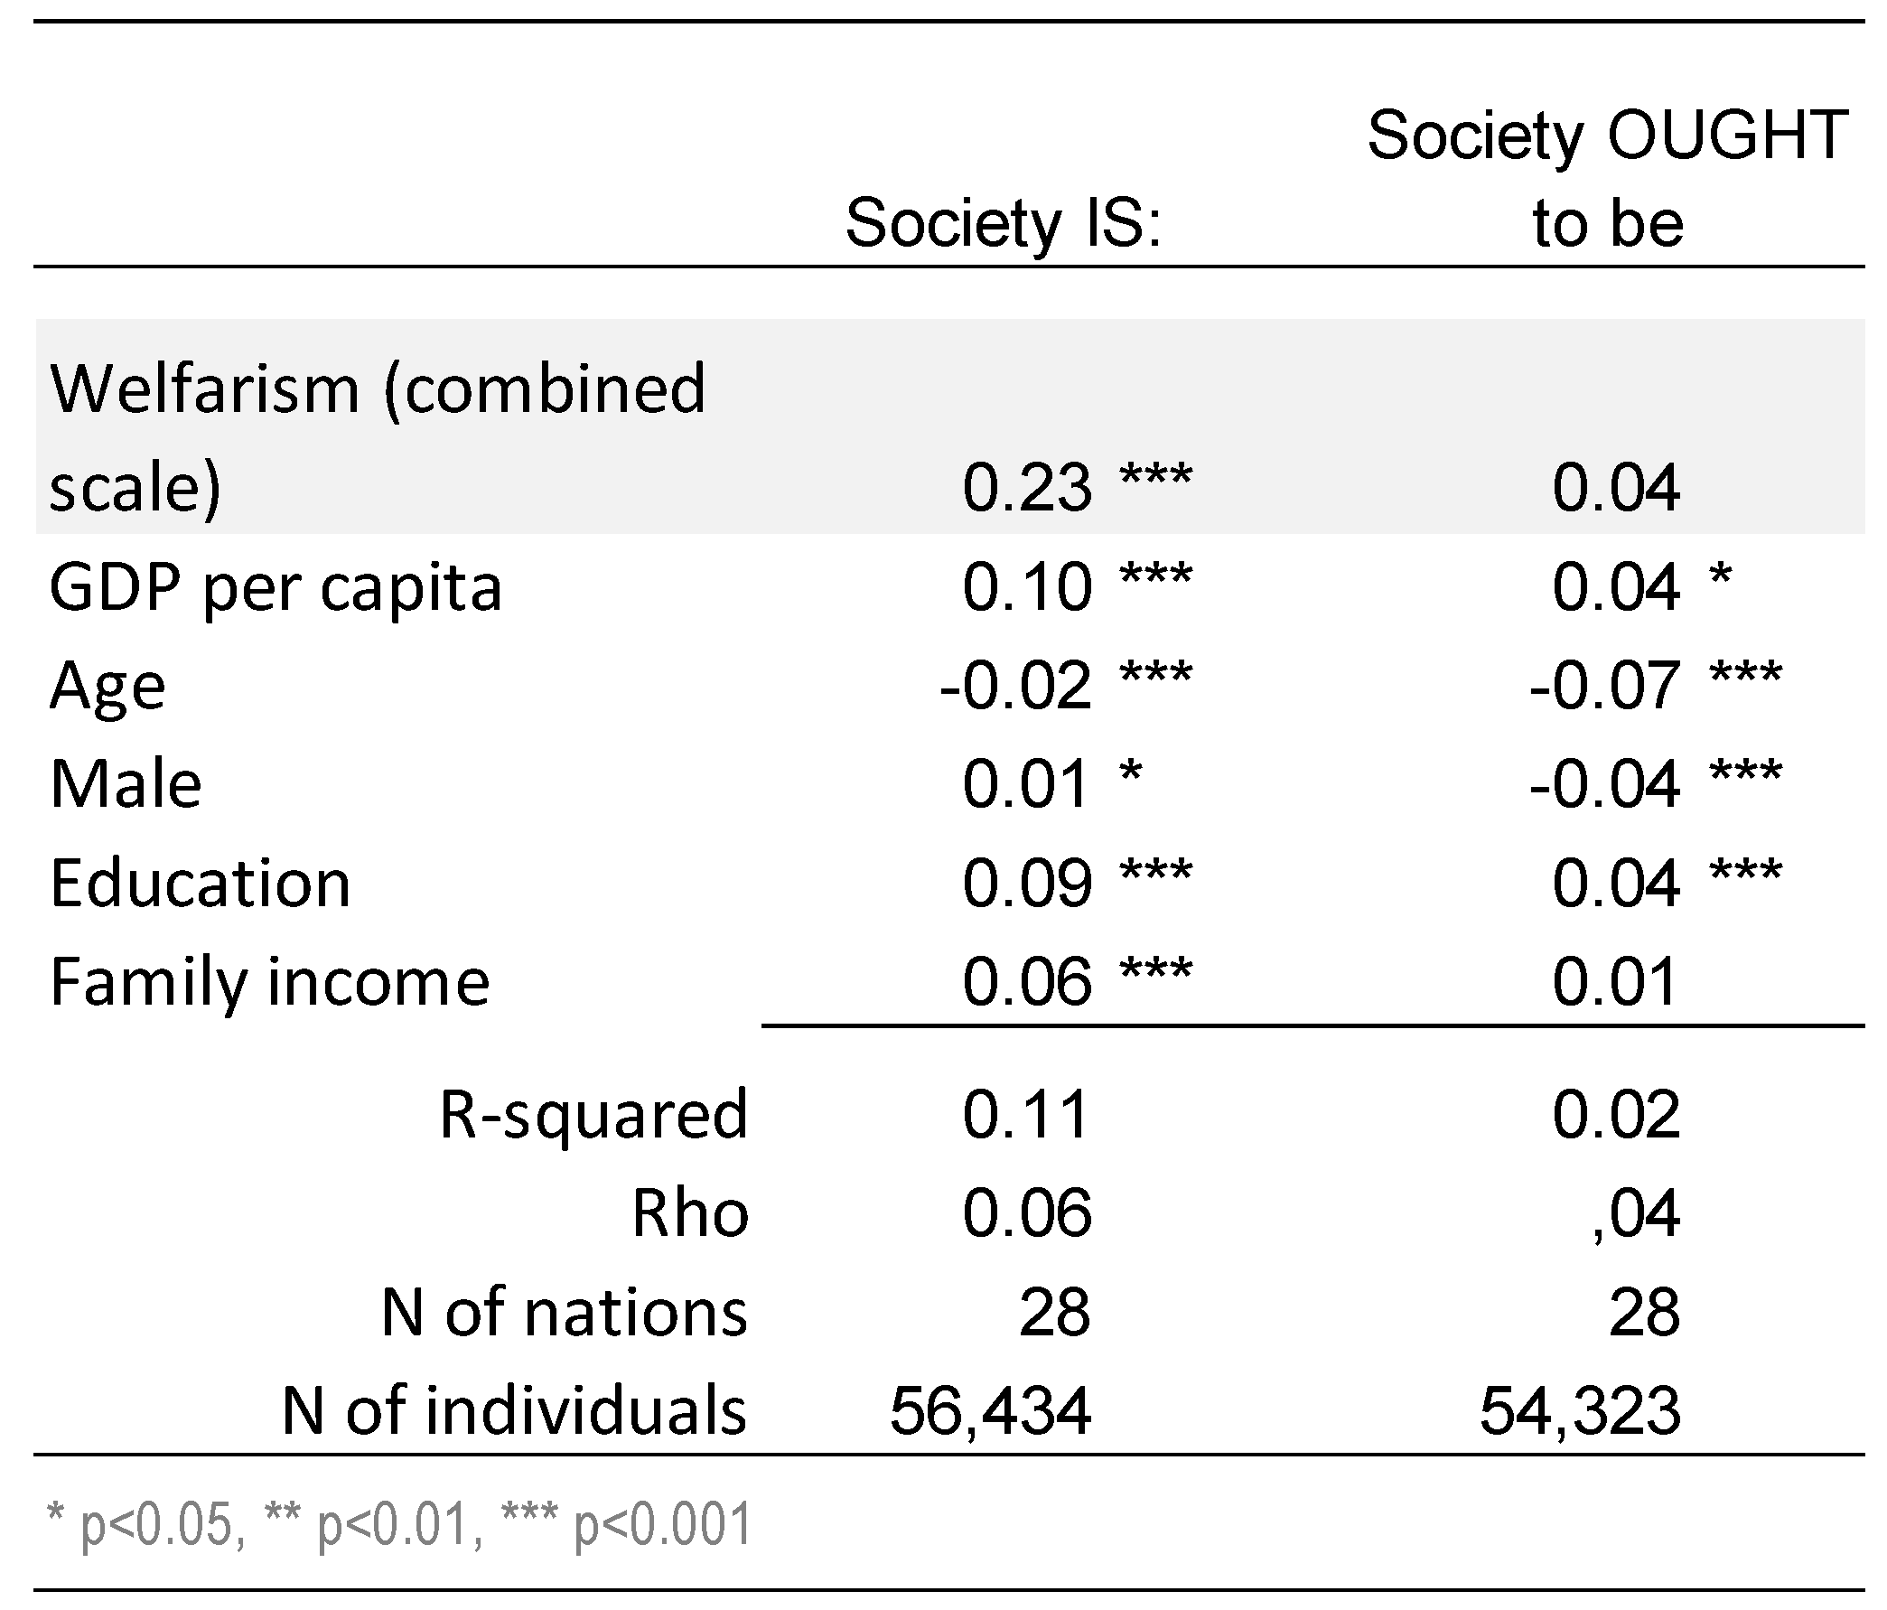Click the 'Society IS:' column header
[1004, 222]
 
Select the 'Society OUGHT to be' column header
[1607, 179]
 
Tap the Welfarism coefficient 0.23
[1026, 487]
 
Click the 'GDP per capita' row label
[275, 586]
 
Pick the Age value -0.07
[1604, 685]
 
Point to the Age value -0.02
[1015, 685]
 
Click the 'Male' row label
[126, 783]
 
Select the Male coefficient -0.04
[1604, 783]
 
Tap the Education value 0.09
[1026, 882]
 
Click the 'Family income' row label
[269, 981]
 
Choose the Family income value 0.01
[1615, 981]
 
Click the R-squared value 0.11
[1026, 1113]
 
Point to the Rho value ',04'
[1636, 1212]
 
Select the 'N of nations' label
[564, 1312]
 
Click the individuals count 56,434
[990, 1410]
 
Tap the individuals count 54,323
[1580, 1410]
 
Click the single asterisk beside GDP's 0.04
[1720, 576]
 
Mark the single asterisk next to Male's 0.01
[1130, 773]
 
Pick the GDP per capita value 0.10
[1026, 586]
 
